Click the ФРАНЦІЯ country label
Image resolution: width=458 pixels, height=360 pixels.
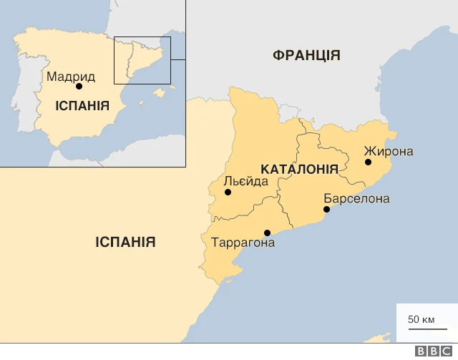(x=306, y=55)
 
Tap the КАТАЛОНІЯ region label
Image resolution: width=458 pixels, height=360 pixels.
(x=299, y=170)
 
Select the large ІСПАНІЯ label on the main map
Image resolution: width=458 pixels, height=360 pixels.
(x=125, y=242)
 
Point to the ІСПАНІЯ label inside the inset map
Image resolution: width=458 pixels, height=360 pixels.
(x=82, y=106)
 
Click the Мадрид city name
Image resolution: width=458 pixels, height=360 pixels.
(x=71, y=76)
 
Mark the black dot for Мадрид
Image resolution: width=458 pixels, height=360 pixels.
(x=79, y=87)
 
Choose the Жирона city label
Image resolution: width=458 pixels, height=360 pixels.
(x=389, y=151)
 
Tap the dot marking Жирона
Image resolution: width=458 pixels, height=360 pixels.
(x=368, y=162)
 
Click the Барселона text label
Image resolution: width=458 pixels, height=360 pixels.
(x=356, y=198)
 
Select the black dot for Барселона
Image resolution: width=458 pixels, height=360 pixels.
(x=326, y=210)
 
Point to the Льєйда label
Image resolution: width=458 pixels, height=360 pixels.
(x=246, y=181)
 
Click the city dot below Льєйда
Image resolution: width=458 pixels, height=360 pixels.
(x=228, y=193)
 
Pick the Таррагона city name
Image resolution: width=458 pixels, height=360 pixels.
(x=243, y=243)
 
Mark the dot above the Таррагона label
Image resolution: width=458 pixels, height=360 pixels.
(x=267, y=233)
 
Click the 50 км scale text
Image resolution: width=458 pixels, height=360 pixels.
(x=422, y=319)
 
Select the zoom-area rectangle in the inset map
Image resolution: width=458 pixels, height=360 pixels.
(x=142, y=60)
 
